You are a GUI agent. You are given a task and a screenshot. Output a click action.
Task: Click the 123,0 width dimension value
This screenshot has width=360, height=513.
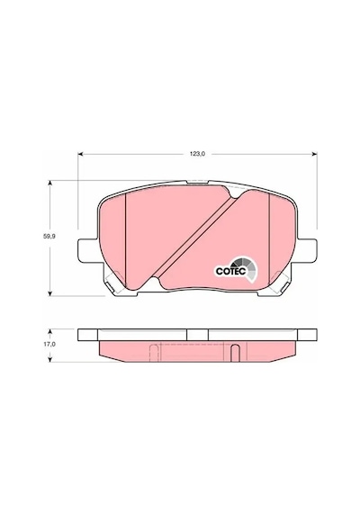pyautogui.click(x=198, y=154)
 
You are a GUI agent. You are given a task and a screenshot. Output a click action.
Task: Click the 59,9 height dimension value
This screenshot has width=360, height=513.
pyautogui.click(x=49, y=237)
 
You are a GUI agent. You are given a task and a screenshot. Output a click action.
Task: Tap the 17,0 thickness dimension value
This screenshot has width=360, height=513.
pyautogui.click(x=50, y=345)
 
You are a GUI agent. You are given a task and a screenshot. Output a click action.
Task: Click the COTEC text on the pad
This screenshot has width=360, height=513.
pyautogui.click(x=230, y=271)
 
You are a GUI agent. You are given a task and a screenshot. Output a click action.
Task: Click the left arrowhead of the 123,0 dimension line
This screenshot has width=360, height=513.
pyautogui.click(x=80, y=153)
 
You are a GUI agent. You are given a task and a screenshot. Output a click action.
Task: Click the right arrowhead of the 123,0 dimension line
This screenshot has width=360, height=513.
pyautogui.click(x=315, y=153)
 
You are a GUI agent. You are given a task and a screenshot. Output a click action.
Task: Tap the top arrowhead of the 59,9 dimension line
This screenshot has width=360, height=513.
pyautogui.click(x=49, y=183)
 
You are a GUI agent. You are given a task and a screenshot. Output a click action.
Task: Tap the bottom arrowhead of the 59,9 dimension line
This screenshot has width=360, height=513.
pyautogui.click(x=49, y=293)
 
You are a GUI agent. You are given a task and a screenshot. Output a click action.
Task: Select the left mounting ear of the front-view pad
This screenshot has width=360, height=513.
pyautogui.click(x=87, y=250)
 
